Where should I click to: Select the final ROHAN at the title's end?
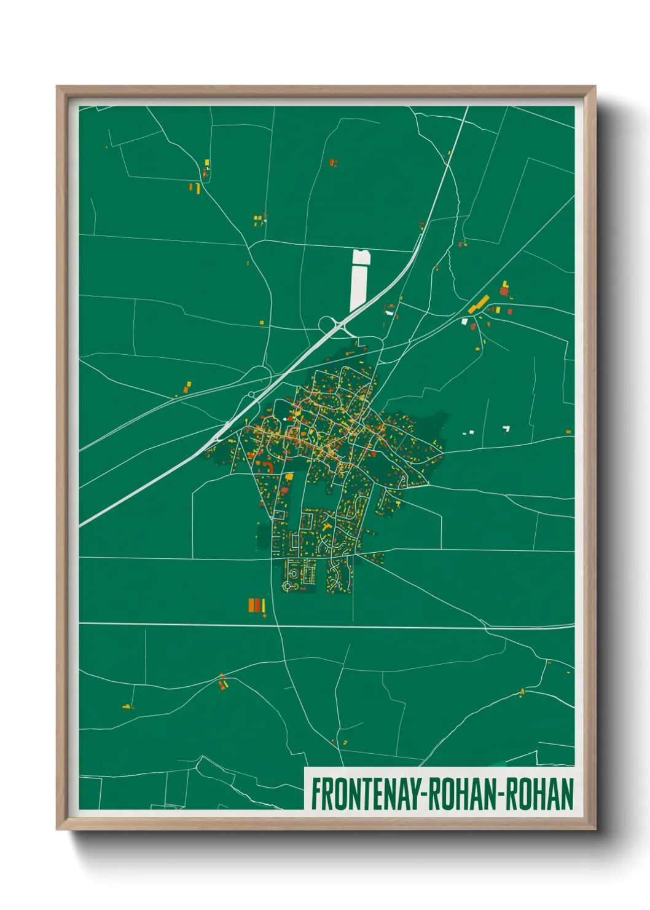[x=540, y=794]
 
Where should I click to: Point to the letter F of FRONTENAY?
[x=316, y=794]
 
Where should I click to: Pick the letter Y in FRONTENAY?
[x=412, y=794]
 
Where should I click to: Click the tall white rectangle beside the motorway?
[x=359, y=280]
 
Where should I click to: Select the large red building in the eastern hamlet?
[x=504, y=291]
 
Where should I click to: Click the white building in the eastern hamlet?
[x=465, y=321]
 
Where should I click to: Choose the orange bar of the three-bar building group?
[x=251, y=605]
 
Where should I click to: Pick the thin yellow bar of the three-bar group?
[x=264, y=606]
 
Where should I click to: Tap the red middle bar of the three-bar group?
[x=258, y=605]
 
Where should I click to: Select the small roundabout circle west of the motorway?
[x=251, y=395]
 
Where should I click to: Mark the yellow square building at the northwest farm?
[x=207, y=163]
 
